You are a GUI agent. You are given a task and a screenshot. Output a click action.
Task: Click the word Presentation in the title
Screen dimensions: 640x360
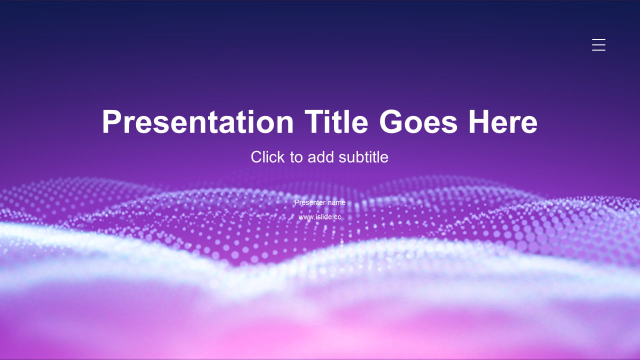coord(197,122)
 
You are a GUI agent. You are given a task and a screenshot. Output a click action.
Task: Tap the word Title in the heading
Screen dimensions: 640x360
coord(336,121)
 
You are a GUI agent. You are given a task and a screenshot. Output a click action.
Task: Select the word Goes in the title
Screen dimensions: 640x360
coord(418,121)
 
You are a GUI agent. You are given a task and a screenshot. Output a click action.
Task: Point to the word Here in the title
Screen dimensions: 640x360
coord(503,121)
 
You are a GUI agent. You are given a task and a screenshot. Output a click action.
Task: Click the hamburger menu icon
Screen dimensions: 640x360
coord(598,45)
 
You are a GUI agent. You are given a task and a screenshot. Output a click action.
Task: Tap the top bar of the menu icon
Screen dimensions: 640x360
coord(598,39)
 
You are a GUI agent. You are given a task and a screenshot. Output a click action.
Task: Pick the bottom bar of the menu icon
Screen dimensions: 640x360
coord(598,50)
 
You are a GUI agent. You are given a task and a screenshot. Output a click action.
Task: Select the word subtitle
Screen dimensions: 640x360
coord(363,157)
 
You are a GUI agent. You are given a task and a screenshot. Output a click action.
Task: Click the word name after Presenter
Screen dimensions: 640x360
coord(336,202)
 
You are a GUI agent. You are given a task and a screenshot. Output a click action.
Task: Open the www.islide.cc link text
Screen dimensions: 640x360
coord(320,217)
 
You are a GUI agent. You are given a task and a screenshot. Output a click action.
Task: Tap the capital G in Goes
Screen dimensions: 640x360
coord(390,121)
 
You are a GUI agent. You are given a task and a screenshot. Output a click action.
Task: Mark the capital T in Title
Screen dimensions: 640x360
coord(315,121)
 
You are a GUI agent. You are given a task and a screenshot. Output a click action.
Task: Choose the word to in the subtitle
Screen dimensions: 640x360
coord(296,157)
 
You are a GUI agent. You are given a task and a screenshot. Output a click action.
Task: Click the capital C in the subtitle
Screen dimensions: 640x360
coord(256,157)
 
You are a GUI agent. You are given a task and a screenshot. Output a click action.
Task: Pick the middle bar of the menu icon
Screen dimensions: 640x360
coord(598,45)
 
